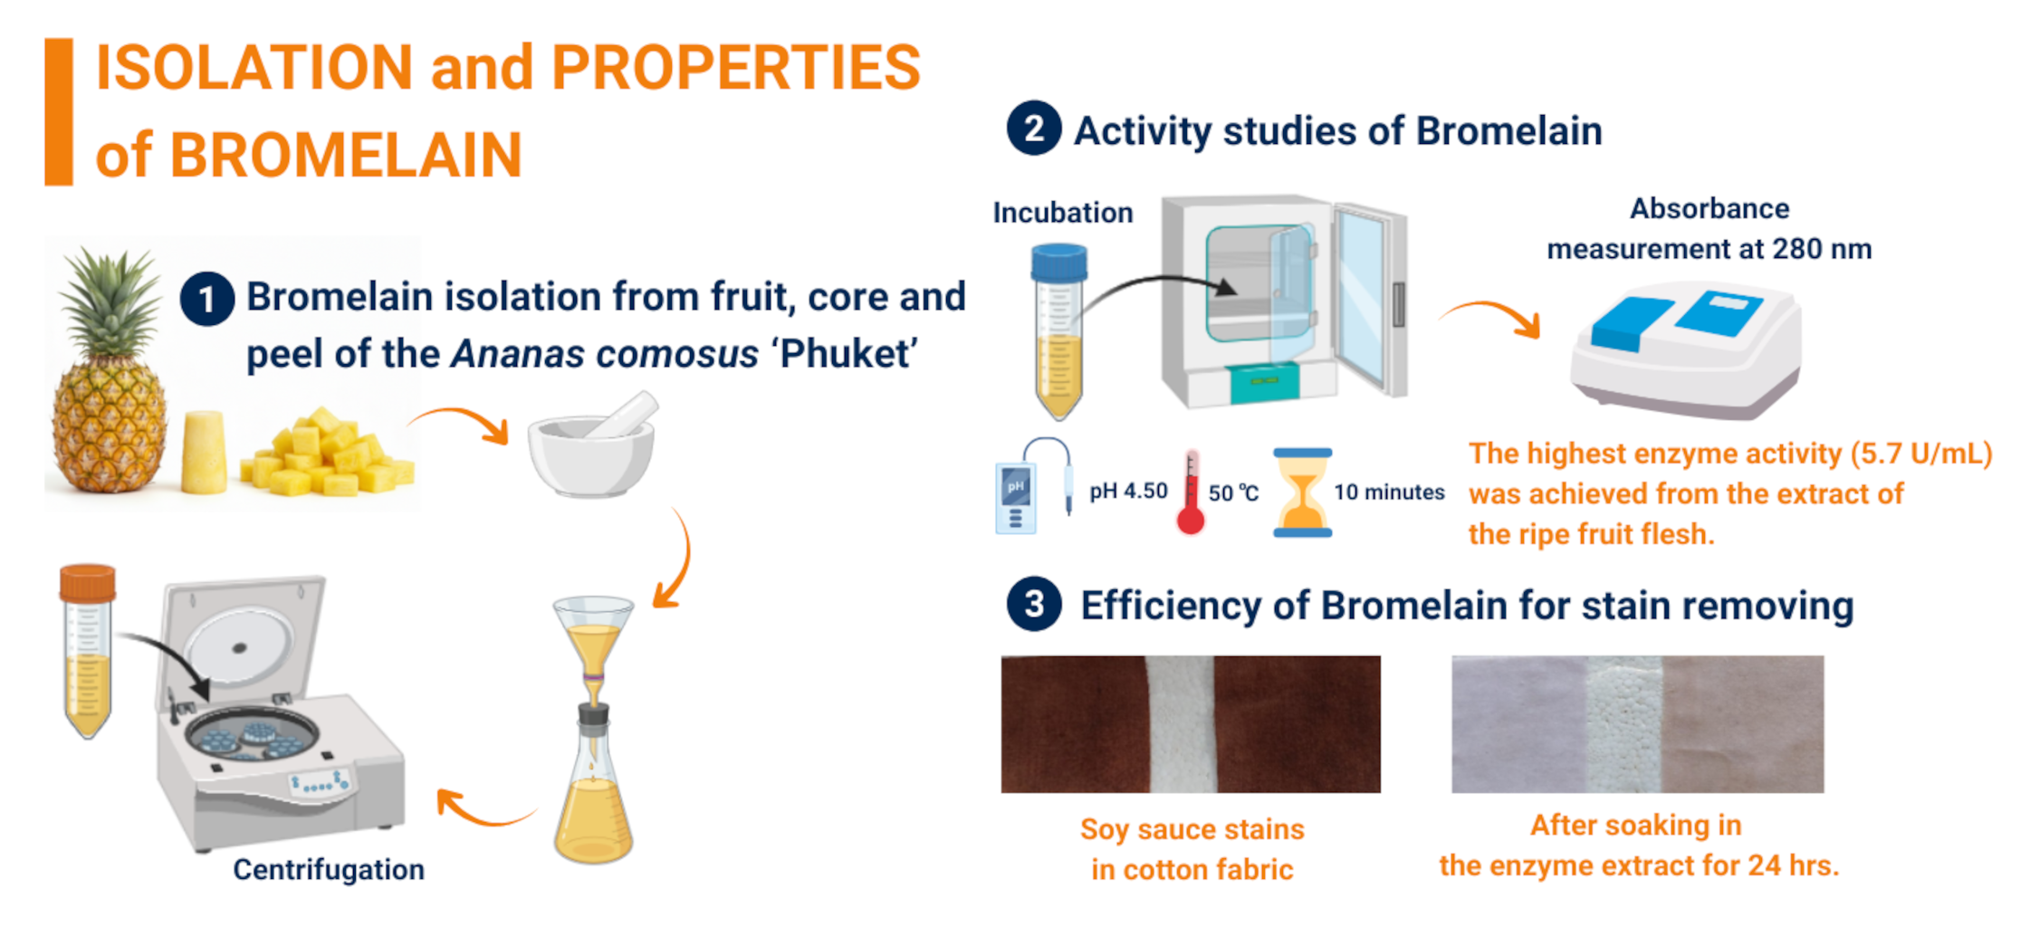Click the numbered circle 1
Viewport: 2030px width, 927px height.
pyautogui.click(x=207, y=299)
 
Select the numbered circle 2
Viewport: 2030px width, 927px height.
pyautogui.click(x=1034, y=129)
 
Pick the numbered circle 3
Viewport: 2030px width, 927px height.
pyautogui.click(x=1034, y=604)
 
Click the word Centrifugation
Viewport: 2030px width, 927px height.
pyautogui.click(x=329, y=869)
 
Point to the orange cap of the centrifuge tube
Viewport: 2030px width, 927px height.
pyautogui.click(x=88, y=583)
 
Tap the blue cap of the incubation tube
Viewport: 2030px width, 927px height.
pyautogui.click(x=1058, y=263)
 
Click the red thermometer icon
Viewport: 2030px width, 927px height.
pyautogui.click(x=1191, y=493)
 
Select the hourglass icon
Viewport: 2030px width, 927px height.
pyautogui.click(x=1302, y=493)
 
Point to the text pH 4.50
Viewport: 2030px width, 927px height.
pyautogui.click(x=1128, y=491)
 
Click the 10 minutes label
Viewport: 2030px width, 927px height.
pyautogui.click(x=1389, y=492)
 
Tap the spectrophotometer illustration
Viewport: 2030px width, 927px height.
pyautogui.click(x=1686, y=352)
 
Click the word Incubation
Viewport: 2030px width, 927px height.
pyautogui.click(x=1063, y=213)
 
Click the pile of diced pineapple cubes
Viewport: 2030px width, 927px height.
pyautogui.click(x=327, y=452)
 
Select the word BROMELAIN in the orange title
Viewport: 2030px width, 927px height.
pyautogui.click(x=345, y=155)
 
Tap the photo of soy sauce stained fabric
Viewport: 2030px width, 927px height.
pyautogui.click(x=1191, y=724)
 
